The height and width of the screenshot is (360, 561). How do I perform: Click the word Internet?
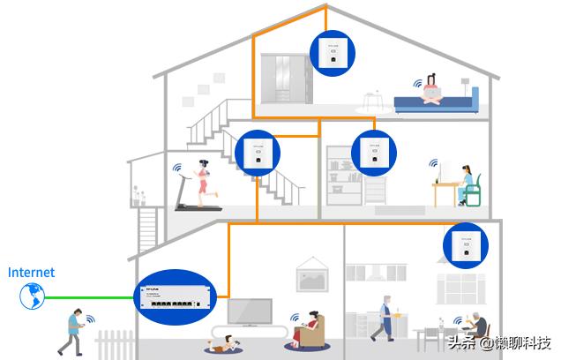32,273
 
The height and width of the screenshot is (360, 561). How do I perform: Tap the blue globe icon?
32,296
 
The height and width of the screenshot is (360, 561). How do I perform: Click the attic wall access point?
334,53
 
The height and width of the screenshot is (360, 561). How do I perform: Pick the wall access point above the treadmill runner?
257,152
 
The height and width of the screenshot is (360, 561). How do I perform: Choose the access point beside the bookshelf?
374,152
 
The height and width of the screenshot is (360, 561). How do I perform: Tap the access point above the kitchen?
465,245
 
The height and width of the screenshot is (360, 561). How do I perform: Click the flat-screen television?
250,311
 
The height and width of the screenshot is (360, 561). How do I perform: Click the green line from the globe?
88,297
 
